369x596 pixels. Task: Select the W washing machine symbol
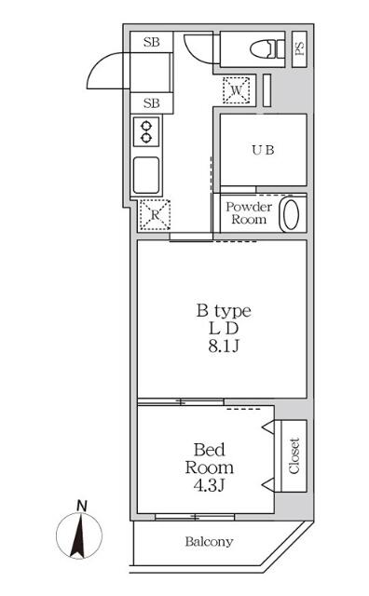click(236, 90)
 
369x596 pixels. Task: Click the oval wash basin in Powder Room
click(293, 214)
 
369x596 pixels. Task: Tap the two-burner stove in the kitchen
click(146, 130)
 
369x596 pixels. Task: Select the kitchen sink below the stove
click(148, 174)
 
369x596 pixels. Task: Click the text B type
click(222, 311)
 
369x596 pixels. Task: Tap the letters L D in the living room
click(222, 330)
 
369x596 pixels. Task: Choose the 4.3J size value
click(207, 486)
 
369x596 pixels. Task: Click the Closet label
click(293, 455)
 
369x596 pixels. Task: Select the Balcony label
click(209, 542)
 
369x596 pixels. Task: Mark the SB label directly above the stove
click(150, 102)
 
